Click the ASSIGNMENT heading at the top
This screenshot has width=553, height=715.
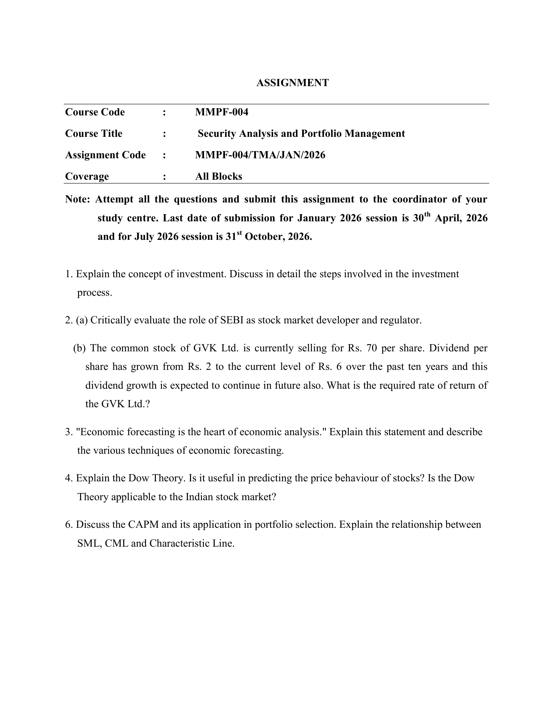tap(292, 83)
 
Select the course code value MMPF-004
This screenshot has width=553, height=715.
tap(222, 112)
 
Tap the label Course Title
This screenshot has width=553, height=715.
tap(94, 134)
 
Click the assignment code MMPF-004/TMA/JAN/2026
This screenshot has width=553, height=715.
tap(260, 155)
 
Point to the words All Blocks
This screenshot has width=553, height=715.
tap(219, 176)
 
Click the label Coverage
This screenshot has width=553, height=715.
tap(87, 176)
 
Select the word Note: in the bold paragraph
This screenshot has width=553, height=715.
tap(77, 199)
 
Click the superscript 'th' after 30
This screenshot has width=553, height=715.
tap(427, 215)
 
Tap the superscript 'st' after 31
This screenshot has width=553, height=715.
tap(239, 233)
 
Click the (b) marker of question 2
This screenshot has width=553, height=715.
tap(79, 348)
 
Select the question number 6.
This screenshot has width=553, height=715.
tap(68, 525)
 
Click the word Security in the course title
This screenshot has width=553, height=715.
tap(217, 134)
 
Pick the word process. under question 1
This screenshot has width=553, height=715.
tap(95, 293)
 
